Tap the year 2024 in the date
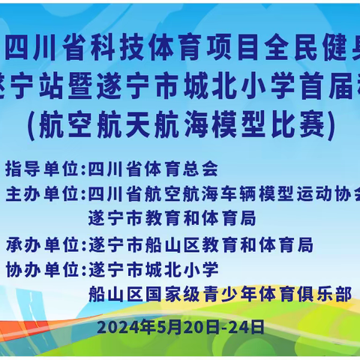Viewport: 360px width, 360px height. pos(112,327)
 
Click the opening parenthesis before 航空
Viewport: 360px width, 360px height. pos(31,126)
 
